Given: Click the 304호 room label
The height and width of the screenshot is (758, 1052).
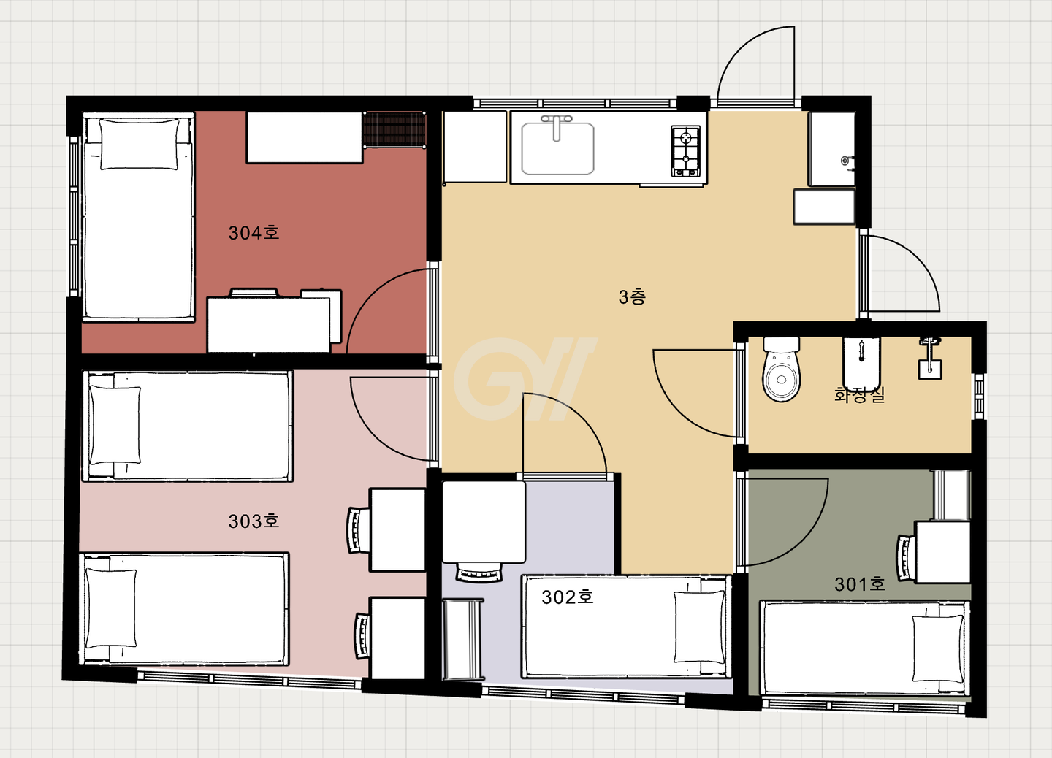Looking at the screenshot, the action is (254, 233).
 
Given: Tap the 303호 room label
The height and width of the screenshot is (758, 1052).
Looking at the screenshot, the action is (254, 521).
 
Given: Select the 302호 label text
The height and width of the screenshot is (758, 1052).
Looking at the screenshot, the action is (568, 597).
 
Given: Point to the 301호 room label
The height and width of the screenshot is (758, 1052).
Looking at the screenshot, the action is (860, 584).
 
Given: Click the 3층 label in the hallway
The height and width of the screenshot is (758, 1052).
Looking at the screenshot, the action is (632, 296).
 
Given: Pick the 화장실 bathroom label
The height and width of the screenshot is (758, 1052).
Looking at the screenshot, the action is (859, 394).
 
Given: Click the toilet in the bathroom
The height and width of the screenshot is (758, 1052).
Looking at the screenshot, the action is (781, 369).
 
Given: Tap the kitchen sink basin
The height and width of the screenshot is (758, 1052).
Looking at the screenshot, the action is (557, 148).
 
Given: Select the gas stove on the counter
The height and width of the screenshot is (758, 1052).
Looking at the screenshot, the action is (686, 151).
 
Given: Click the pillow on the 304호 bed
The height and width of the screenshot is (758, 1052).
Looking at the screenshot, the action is (140, 144).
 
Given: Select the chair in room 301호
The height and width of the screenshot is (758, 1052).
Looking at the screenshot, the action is (905, 559).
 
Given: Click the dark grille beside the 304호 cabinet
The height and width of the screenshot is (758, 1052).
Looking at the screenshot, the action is (394, 129).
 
